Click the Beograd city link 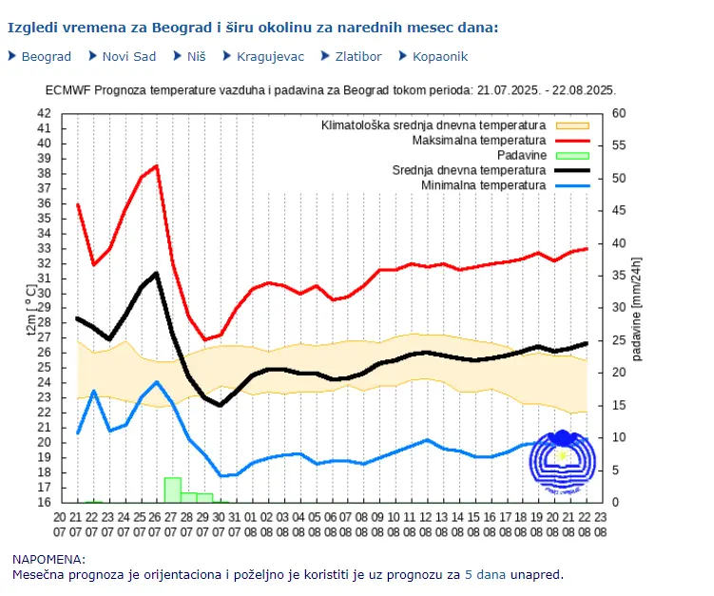46,56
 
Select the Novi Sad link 128,56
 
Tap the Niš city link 196,56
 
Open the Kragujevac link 270,56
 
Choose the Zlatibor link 357,56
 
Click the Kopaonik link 440,56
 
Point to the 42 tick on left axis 45,113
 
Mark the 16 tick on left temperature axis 45,503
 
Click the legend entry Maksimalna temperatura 478,141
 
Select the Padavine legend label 521,155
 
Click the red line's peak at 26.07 157,166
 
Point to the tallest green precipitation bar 172,490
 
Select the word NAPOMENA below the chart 48,560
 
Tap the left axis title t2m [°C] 30,308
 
